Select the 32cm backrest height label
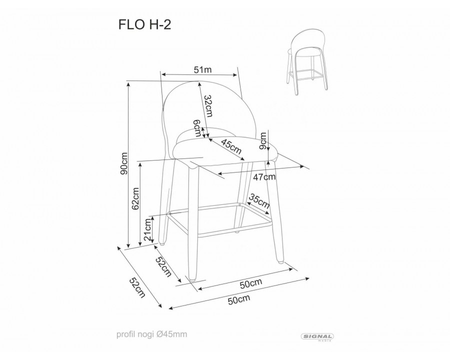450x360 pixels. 209,105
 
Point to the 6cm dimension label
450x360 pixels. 198,129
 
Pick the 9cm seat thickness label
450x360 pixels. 263,144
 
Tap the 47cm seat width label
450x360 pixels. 264,176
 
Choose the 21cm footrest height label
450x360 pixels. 148,230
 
